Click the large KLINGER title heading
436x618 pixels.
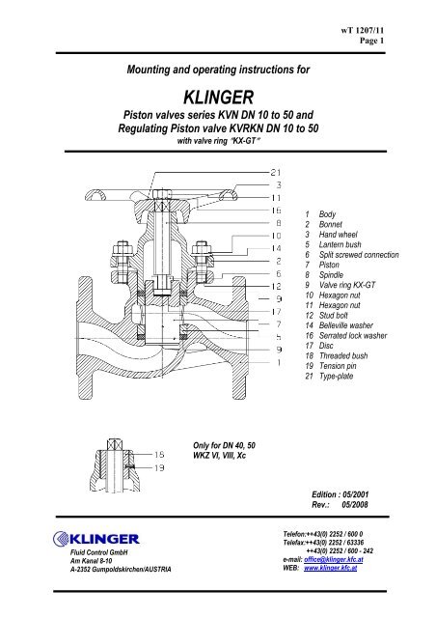coord(217,98)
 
